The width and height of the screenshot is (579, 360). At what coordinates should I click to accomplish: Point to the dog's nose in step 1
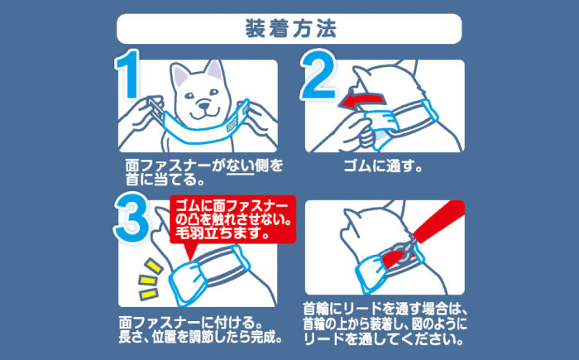click(200, 105)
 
